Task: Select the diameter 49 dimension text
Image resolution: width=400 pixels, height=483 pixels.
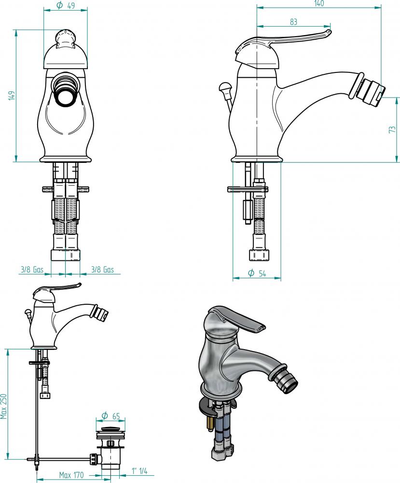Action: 66,5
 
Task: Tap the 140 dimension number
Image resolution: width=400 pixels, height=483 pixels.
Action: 319,3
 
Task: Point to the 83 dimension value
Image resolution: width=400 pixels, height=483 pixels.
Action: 293,22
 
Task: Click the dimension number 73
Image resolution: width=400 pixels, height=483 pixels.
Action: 392,129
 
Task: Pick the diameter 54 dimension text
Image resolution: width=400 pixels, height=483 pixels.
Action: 257,273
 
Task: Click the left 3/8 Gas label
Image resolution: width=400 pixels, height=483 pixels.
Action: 32,270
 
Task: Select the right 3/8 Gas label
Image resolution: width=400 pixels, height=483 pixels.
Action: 102,270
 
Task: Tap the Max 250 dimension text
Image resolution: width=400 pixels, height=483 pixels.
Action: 3,406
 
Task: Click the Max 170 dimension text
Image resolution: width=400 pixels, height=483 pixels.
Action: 71,475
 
